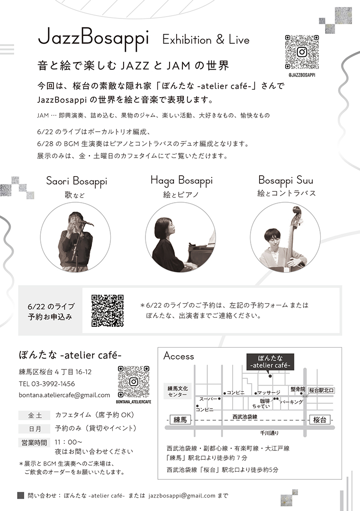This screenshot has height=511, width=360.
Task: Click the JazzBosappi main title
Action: pyautogui.click(x=93, y=39)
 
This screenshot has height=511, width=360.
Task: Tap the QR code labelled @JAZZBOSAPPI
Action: pyautogui.click(x=302, y=52)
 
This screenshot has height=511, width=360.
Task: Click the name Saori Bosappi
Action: pyautogui.click(x=77, y=181)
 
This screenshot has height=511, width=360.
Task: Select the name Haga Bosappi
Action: pyautogui.click(x=181, y=180)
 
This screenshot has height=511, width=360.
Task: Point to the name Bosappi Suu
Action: pyautogui.click(x=286, y=180)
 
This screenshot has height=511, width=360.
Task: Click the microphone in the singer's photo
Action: pyautogui.click(x=85, y=223)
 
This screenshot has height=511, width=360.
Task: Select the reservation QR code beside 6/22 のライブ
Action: pyautogui.click(x=107, y=311)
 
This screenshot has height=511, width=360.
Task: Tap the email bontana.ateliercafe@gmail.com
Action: pyautogui.click(x=64, y=395)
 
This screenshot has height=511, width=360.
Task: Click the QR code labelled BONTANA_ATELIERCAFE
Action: pyautogui.click(x=134, y=382)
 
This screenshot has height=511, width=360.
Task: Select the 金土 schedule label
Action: pyautogui.click(x=35, y=415)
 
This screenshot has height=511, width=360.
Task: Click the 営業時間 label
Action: pyautogui.click(x=34, y=442)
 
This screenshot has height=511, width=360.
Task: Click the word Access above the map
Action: pyautogui.click(x=179, y=356)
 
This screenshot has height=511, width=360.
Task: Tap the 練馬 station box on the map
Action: pyautogui.click(x=180, y=420)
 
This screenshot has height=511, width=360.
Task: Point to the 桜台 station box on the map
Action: pyautogui.click(x=320, y=420)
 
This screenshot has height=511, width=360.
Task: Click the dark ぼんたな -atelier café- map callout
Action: pyautogui.click(x=270, y=362)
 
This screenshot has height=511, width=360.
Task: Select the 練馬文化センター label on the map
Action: pyautogui.click(x=178, y=391)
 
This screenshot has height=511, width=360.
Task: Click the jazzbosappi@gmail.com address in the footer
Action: pyautogui.click(x=182, y=496)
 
